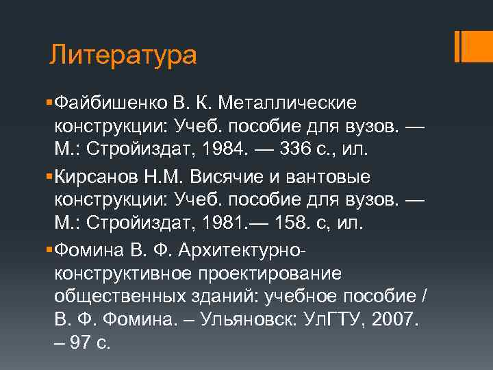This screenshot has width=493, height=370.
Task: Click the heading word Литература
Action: pos(123,55)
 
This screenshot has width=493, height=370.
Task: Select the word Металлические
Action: pos(288,103)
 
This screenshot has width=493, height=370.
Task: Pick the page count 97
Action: pos(81,342)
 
